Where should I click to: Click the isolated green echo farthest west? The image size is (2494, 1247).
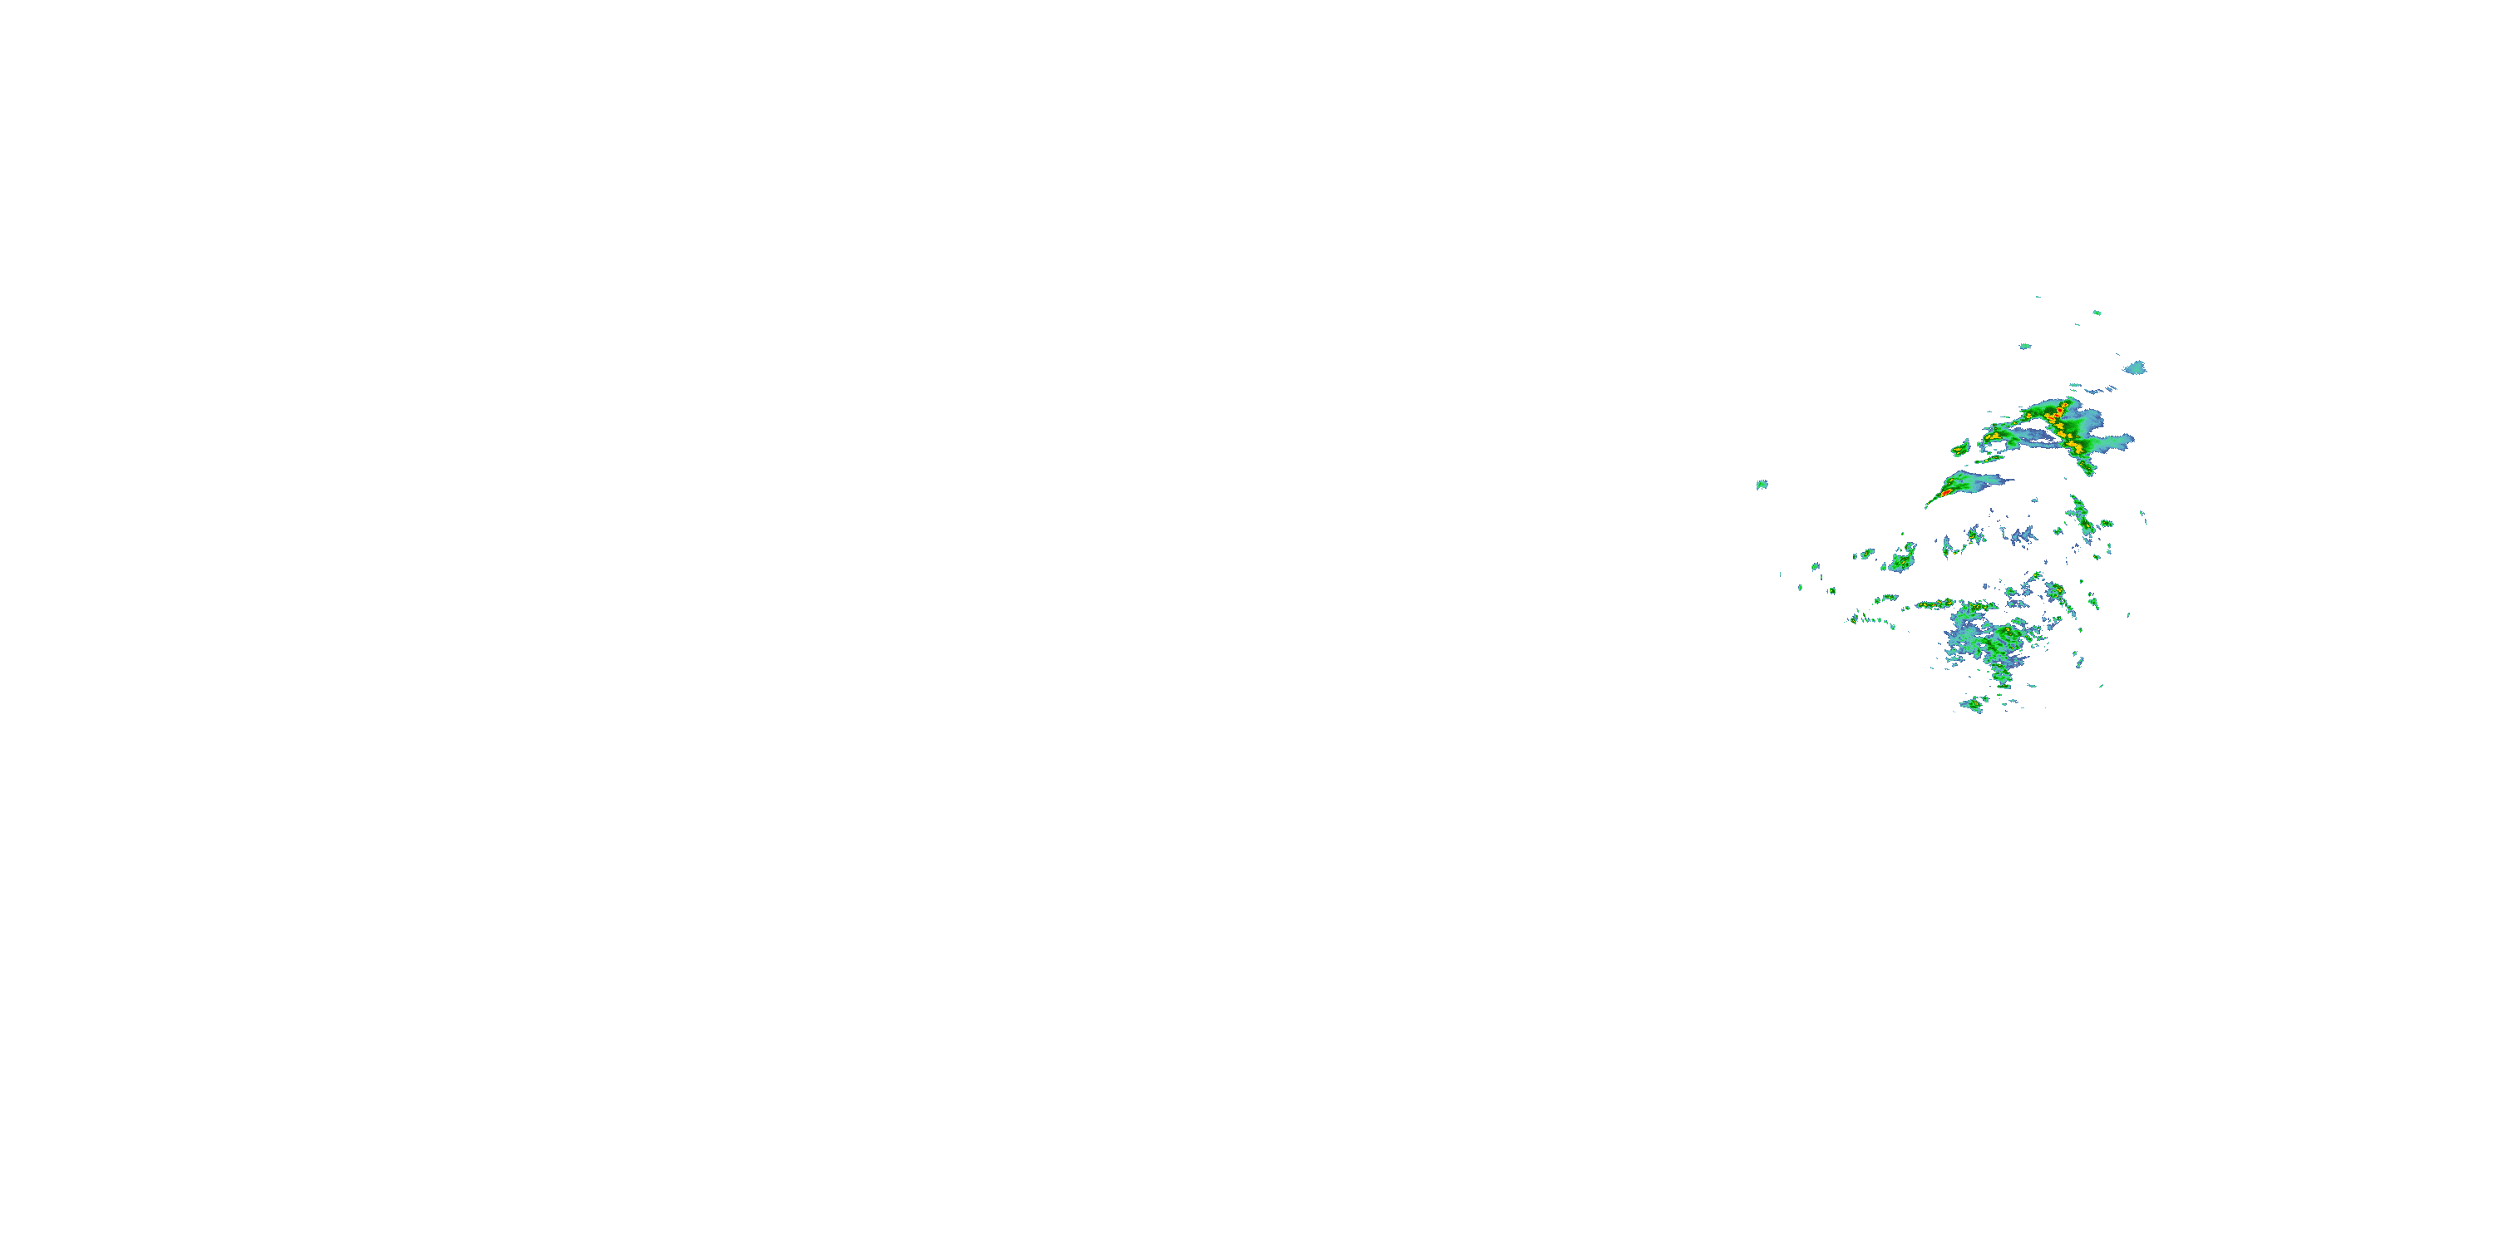[x=1762, y=484]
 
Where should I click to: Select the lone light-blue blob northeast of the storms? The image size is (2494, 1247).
[x=2137, y=368]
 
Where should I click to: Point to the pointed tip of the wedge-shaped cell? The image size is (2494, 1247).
[x=1928, y=505]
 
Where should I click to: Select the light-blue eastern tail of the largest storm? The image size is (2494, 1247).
[x=2116, y=442]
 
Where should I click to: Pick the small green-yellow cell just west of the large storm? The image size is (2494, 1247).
[x=1960, y=448]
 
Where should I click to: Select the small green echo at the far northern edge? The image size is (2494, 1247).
[x=2097, y=313]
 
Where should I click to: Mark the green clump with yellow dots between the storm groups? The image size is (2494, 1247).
[x=1902, y=559]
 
